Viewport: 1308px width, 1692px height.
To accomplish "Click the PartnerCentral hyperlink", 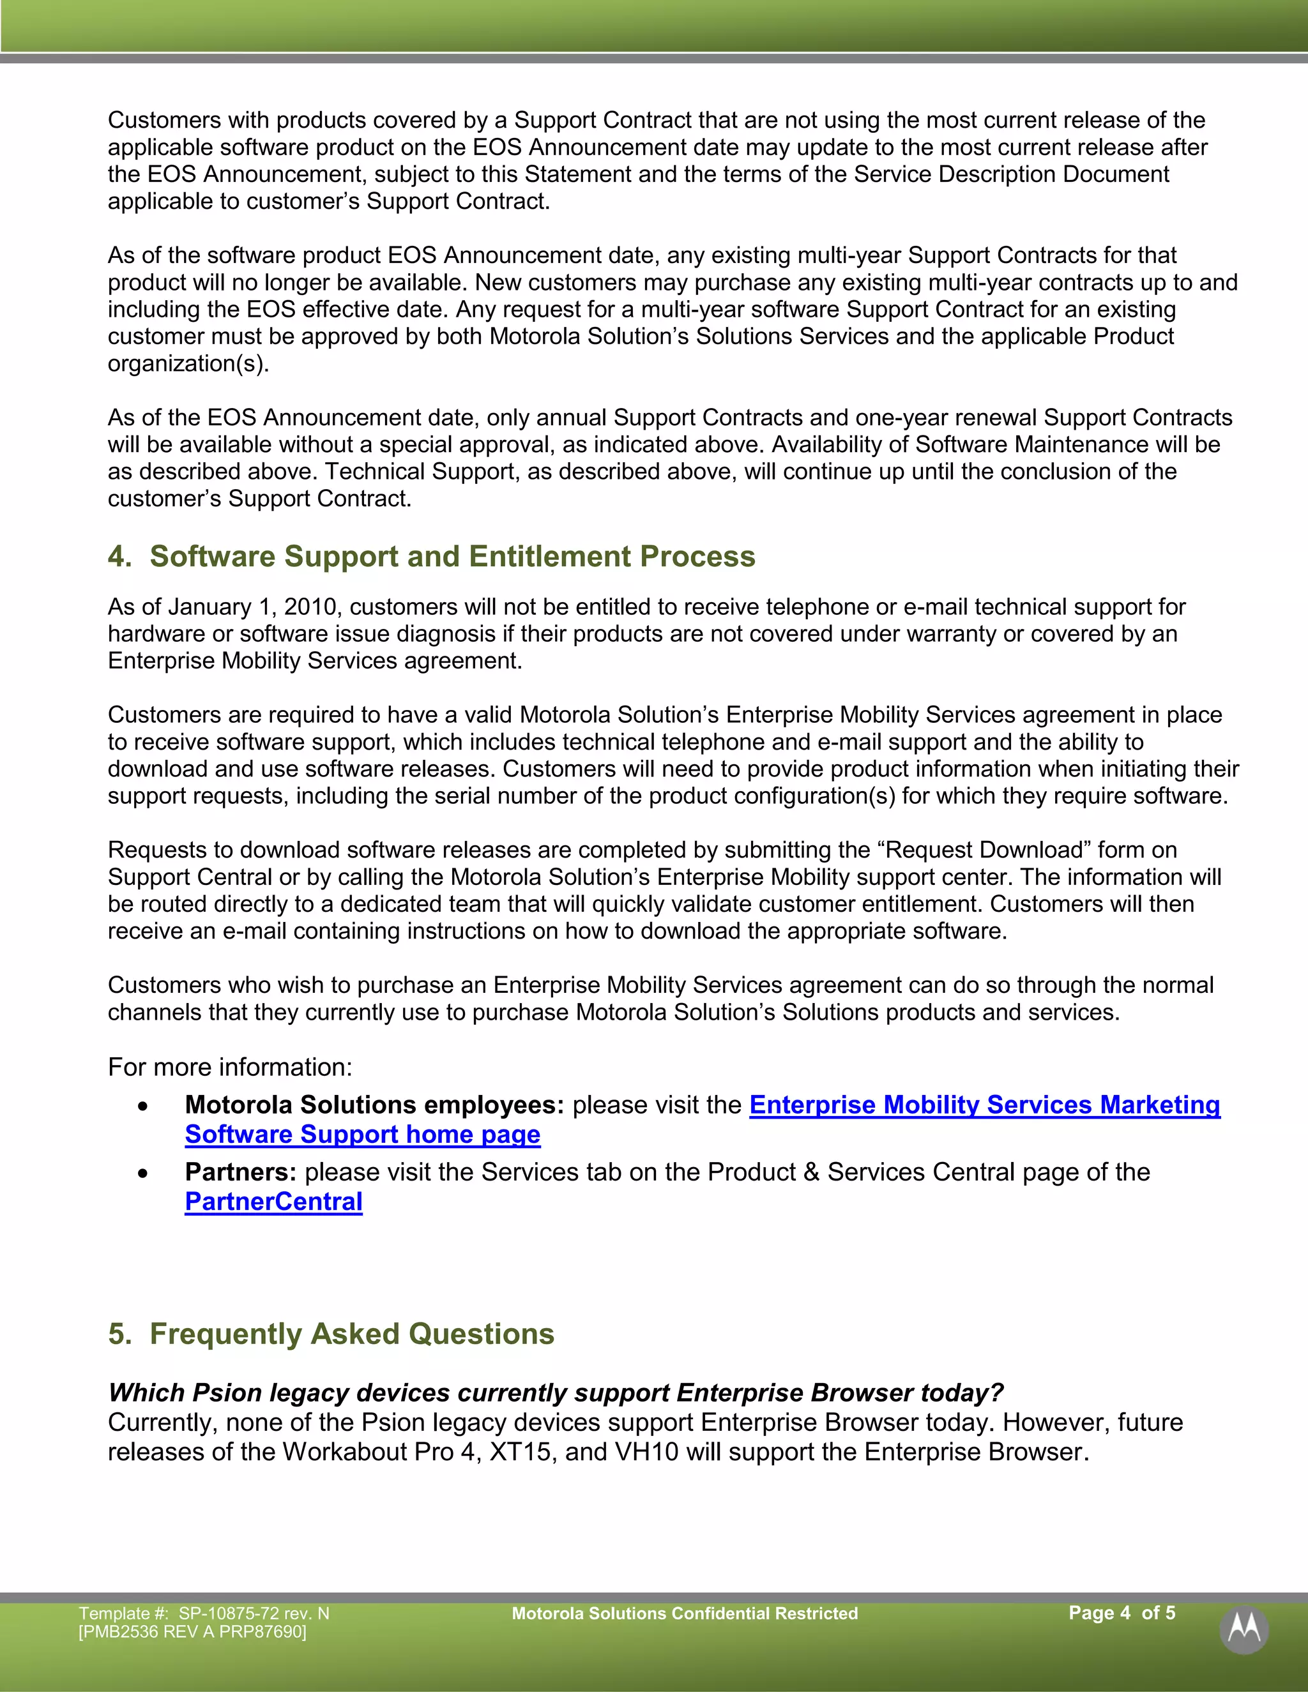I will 273,1202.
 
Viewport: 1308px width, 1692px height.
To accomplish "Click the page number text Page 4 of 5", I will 1122,1612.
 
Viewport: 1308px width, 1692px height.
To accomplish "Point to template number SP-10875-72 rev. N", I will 254,1613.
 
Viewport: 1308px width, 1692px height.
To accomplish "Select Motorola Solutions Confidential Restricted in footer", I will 684,1613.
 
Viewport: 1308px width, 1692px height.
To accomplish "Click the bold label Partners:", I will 240,1172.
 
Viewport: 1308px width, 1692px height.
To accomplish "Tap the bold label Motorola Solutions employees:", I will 374,1105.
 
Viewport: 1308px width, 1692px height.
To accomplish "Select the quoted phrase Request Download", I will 984,850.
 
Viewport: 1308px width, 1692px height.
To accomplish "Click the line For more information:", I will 230,1067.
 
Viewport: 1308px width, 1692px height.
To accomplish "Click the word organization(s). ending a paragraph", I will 188,363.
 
